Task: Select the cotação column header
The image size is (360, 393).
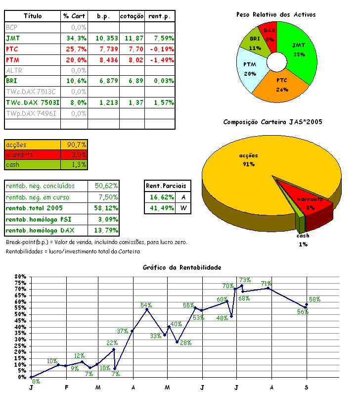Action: click(x=132, y=16)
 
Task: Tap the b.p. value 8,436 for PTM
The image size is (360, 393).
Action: click(x=106, y=59)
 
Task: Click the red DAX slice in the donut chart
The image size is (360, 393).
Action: click(x=269, y=32)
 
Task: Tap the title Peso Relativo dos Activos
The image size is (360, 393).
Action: click(x=276, y=15)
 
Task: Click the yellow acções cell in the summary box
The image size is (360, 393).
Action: click(x=32, y=145)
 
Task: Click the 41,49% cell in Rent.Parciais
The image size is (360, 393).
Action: click(x=160, y=208)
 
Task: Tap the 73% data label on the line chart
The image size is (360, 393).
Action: click(x=244, y=281)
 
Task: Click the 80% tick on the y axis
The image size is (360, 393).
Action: click(x=20, y=277)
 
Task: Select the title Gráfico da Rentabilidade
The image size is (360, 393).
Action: click(x=182, y=267)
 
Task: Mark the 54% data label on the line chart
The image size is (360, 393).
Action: click(x=146, y=305)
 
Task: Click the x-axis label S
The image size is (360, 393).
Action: click(x=306, y=386)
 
